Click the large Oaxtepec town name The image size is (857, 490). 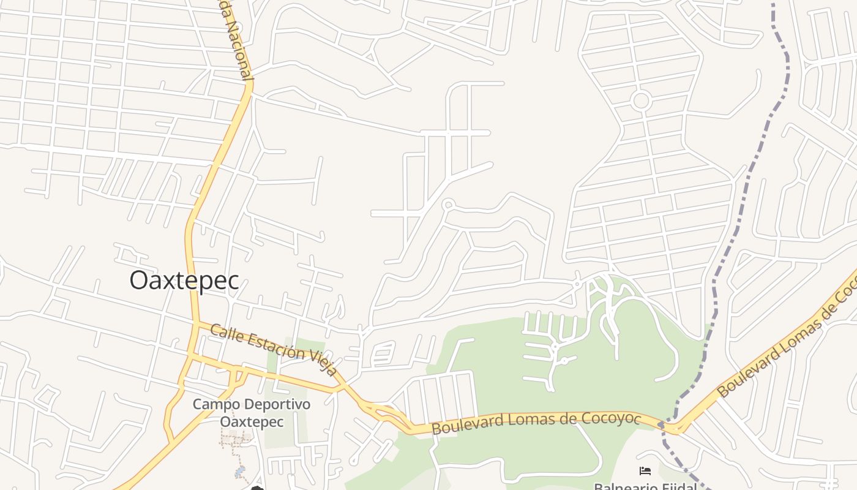(x=184, y=281)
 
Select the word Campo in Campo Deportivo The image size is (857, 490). (x=214, y=405)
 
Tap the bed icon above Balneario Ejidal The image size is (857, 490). (x=645, y=471)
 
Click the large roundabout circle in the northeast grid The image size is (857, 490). (x=641, y=100)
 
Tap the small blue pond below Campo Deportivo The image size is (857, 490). (x=239, y=472)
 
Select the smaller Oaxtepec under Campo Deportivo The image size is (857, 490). (x=252, y=422)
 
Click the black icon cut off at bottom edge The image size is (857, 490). (x=256, y=488)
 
